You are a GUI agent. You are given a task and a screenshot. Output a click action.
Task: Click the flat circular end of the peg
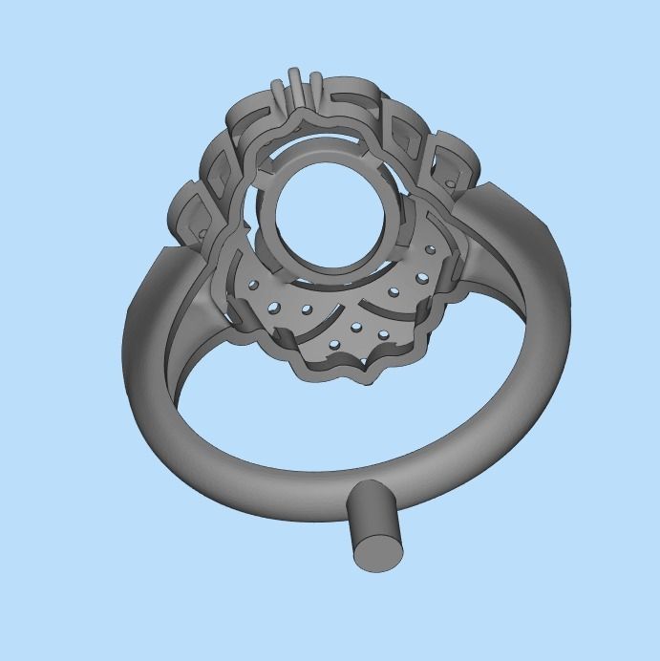pos(377,552)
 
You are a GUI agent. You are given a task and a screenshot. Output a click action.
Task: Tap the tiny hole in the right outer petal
pos(449,181)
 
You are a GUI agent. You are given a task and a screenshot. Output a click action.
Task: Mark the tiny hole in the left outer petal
pos(202,230)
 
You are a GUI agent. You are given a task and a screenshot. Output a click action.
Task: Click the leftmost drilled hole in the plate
pos(253,283)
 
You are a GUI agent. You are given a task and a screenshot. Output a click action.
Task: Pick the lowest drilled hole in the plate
pos(333,345)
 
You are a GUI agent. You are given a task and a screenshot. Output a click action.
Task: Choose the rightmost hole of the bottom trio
pos(384,334)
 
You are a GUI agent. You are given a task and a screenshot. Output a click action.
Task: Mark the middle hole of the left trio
pos(274,307)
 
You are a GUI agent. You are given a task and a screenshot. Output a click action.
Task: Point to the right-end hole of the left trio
pos(308,309)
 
